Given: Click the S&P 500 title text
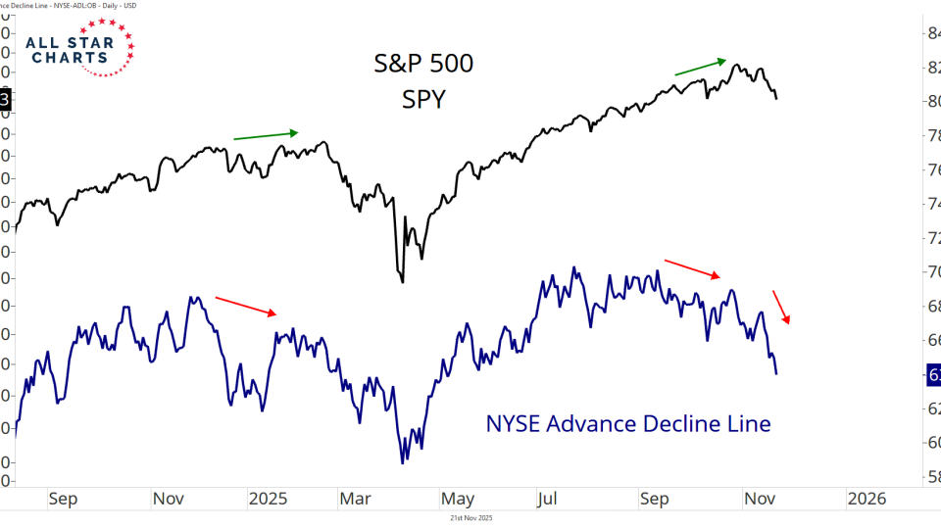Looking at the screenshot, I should click(423, 64).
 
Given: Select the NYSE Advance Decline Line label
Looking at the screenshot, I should click(628, 424).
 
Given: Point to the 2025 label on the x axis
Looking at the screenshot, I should click(268, 499).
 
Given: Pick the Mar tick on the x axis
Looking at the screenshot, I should click(356, 499).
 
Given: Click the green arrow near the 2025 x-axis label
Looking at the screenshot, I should click(265, 135).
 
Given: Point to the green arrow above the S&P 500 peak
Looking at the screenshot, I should click(700, 66).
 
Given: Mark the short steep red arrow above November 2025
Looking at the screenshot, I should click(782, 307).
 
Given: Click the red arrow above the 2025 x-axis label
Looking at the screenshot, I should click(245, 306).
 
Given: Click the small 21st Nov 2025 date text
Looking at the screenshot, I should click(470, 517).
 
